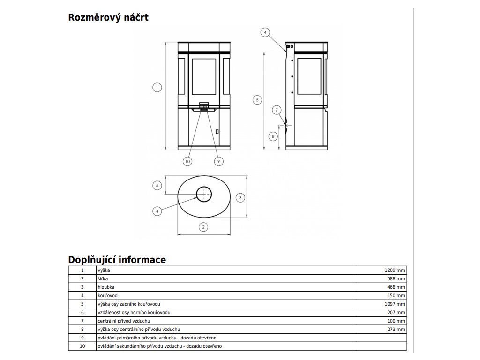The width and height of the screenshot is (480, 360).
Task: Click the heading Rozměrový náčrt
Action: point(108,18)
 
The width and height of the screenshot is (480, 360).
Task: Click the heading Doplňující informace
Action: point(117,260)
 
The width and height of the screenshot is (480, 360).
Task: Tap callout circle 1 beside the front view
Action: point(157,87)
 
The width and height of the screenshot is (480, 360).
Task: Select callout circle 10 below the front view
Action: point(187,161)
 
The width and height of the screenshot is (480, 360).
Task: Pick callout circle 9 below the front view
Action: point(218,161)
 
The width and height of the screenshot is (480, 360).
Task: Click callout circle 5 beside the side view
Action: point(256,99)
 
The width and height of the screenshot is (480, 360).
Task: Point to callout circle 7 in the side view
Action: point(277,110)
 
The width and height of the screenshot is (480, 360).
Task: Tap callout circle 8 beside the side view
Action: point(273,136)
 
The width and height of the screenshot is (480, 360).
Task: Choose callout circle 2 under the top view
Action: point(203,227)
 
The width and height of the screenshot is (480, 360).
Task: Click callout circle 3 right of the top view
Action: point(240,197)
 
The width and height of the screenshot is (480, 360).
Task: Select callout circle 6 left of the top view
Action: point(157,185)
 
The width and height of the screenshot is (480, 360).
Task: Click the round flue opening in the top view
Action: point(204,194)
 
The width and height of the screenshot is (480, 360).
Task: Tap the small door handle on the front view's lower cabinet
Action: point(217,131)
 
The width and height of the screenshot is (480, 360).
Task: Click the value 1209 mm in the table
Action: point(395,270)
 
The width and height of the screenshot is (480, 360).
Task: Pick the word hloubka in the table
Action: point(106,287)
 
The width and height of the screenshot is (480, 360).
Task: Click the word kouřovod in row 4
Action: point(107,296)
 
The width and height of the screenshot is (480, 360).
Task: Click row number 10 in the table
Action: point(82,346)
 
